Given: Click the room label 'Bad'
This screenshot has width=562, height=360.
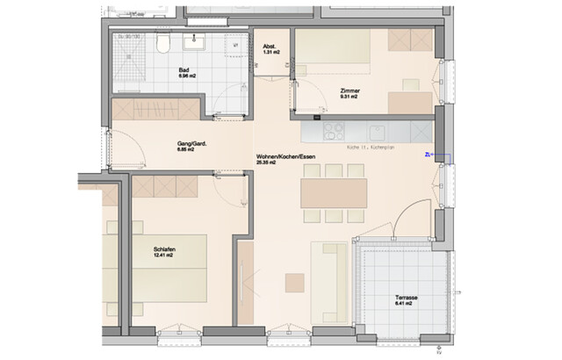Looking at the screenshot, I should pos(184,70).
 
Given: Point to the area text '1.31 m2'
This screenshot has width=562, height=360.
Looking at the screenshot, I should pos(271,54).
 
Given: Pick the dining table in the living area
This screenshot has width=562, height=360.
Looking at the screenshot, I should pos(333,192).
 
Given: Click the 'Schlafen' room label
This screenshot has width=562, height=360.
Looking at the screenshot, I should pos(163,248).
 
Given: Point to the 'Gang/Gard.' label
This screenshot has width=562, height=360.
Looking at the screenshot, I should pos(184,142).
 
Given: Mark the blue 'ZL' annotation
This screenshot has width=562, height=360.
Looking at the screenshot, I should pos(428,155).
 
